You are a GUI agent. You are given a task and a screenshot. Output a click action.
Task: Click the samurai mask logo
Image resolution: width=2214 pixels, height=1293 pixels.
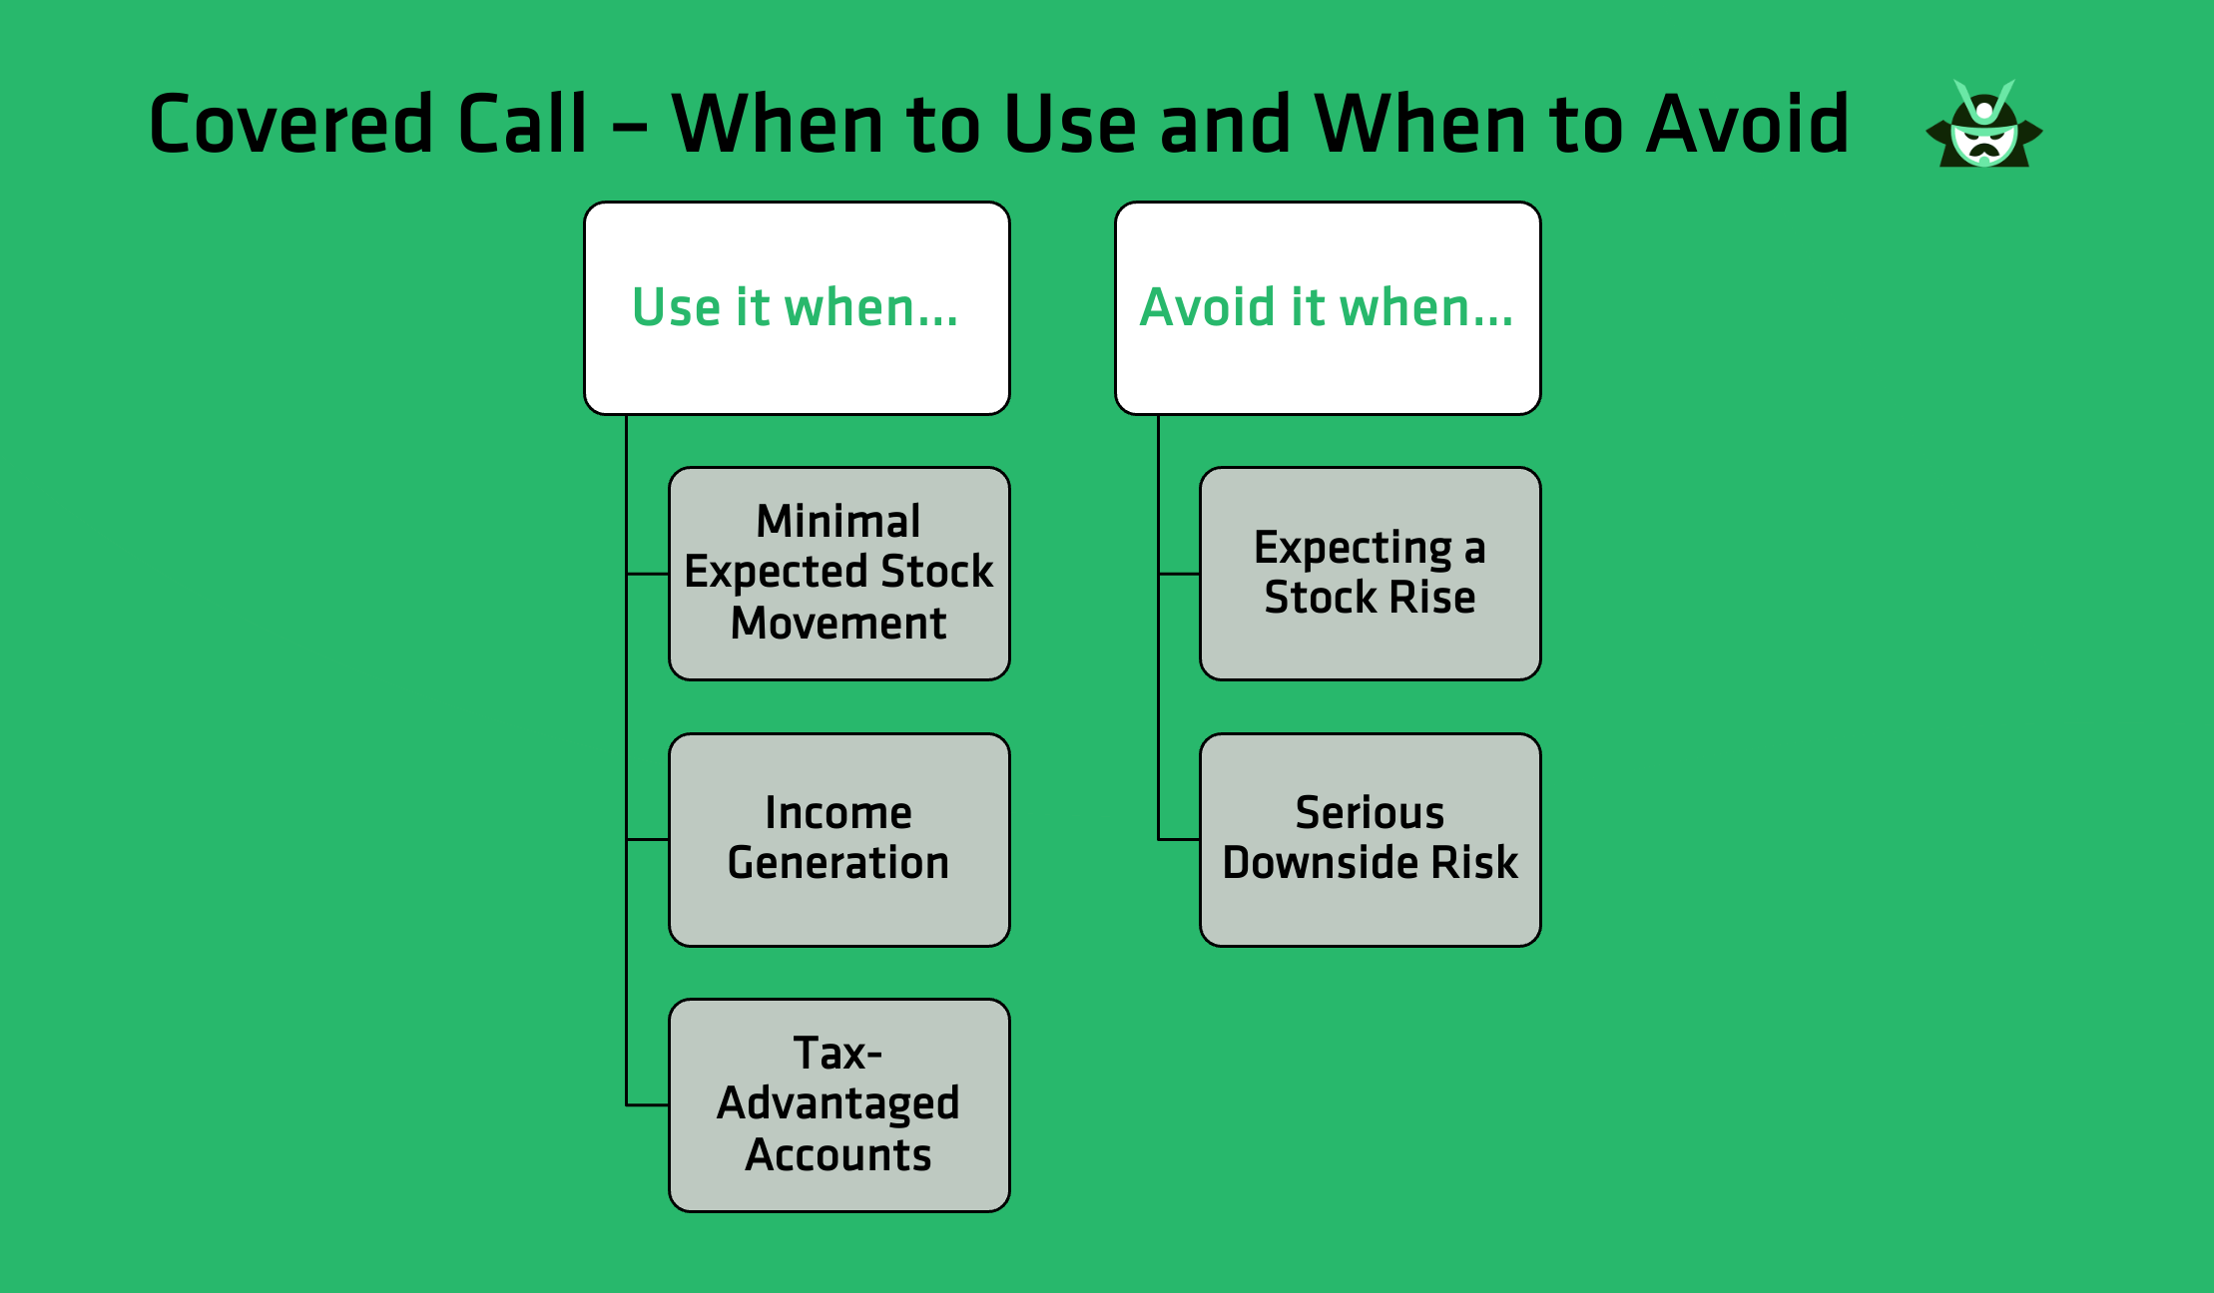pos(1984,127)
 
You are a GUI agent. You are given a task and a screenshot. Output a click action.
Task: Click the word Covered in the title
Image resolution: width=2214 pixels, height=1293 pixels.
pos(289,125)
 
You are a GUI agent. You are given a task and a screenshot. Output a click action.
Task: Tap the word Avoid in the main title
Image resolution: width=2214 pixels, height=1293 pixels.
pos(1747,125)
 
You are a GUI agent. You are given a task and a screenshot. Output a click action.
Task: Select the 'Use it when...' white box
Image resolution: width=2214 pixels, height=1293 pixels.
pos(797,307)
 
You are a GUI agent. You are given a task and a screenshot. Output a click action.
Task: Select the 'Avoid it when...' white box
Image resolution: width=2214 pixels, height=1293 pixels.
pos(1328,307)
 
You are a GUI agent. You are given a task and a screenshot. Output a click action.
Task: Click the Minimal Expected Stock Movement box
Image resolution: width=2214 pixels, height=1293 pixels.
pos(838,574)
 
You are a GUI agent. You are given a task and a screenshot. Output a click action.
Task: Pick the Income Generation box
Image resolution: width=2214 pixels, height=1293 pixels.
pos(838,840)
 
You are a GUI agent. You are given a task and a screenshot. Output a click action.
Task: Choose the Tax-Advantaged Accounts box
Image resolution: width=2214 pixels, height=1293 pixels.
pos(838,1105)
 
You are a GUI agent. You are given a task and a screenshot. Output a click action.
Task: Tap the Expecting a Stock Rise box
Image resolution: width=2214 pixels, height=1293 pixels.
pos(1370,574)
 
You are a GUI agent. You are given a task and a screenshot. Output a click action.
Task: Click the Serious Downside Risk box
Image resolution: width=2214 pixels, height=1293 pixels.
pos(1370,840)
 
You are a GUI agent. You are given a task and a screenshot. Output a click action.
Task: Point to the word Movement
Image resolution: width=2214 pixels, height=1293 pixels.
pos(838,624)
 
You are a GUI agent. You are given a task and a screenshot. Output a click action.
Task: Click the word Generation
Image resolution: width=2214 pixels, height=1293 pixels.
pos(838,863)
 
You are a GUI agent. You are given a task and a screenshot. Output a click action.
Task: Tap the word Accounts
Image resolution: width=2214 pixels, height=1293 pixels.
pos(838,1155)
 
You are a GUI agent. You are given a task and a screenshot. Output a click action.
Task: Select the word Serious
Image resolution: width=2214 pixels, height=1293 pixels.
pos(1370,813)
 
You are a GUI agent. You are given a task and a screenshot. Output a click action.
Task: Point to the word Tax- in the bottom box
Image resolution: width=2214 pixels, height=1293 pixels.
pos(837,1054)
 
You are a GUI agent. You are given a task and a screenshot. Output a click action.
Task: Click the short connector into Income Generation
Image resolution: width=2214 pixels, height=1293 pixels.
pos(648,840)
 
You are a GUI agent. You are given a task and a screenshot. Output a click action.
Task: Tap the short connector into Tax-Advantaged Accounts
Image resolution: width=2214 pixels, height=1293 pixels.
pos(648,1105)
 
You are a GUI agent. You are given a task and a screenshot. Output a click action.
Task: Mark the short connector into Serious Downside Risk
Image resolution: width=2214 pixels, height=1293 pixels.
pos(1179,840)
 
